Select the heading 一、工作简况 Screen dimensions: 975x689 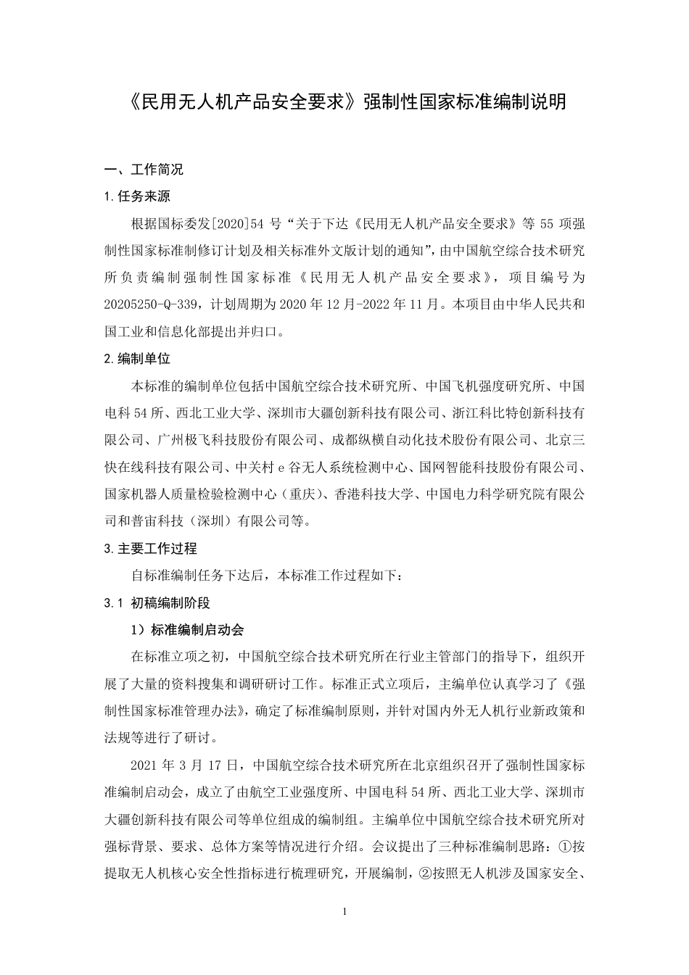tap(144, 170)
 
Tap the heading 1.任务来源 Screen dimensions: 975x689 tap(138, 196)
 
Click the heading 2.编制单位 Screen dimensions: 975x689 tap(138, 358)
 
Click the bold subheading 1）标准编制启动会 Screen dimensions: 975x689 tap(192, 629)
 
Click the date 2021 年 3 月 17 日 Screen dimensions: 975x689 tap(184, 765)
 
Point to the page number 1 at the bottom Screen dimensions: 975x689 tap(345, 911)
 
